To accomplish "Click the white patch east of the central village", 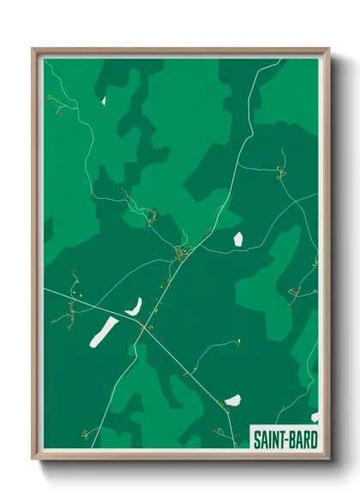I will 238,238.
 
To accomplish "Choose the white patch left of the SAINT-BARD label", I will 232,400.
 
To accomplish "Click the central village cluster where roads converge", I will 182,253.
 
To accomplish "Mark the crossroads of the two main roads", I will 140,324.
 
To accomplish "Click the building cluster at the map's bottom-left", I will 86,433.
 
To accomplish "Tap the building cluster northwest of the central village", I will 152,214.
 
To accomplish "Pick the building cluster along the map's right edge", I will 296,291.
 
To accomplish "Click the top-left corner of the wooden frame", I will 34,50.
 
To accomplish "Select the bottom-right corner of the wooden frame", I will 328,459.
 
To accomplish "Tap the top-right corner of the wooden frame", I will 328,50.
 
